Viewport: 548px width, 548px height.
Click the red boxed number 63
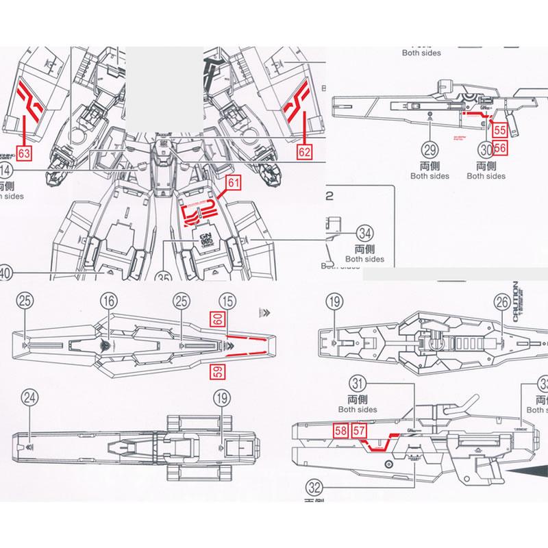(x=24, y=153)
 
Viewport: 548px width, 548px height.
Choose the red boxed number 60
(x=216, y=319)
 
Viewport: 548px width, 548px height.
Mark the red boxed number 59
(x=216, y=371)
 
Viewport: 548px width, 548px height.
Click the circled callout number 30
(x=486, y=149)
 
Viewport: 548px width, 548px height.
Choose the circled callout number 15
(x=227, y=300)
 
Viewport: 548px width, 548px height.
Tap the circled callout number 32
(x=314, y=488)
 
